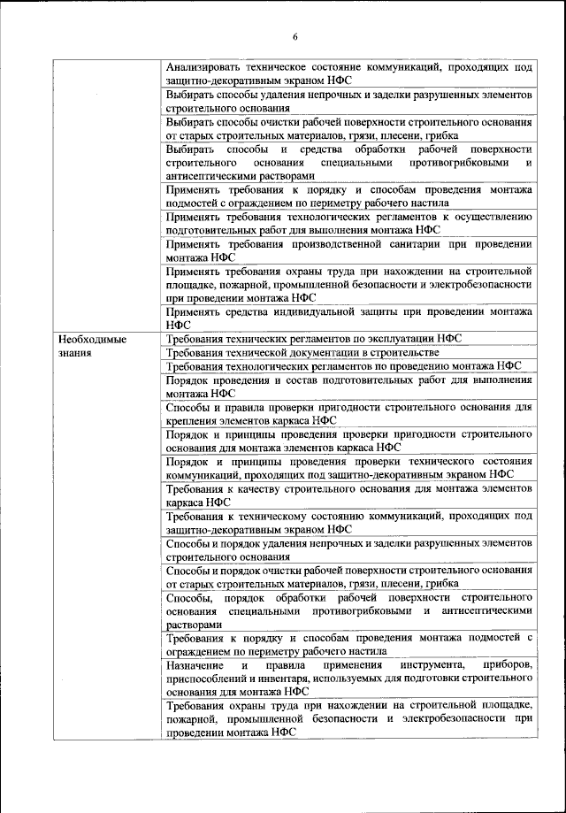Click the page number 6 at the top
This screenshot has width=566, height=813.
pos(295,36)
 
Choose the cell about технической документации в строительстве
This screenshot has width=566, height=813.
pos(348,352)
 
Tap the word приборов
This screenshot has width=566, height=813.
pos(508,663)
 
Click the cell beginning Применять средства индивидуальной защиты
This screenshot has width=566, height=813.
pos(348,317)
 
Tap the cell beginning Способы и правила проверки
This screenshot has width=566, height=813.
pos(348,413)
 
